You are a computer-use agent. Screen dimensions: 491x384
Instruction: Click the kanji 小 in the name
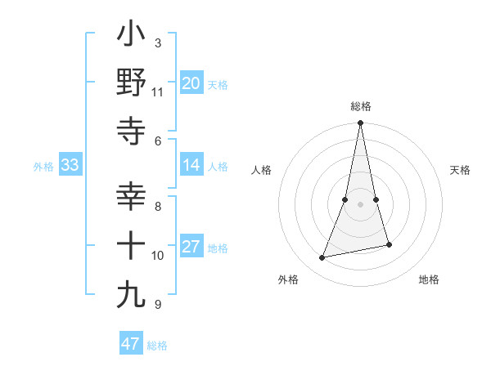click(x=132, y=35)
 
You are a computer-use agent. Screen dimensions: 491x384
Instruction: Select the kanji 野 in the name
click(x=132, y=83)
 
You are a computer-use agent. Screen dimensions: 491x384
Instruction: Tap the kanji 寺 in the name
click(x=132, y=131)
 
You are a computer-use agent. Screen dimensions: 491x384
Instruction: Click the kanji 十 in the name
click(x=132, y=246)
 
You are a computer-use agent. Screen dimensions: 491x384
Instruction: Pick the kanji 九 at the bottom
click(x=132, y=295)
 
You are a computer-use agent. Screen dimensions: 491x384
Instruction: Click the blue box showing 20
click(x=191, y=83)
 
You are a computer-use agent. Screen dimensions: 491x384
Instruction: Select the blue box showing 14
click(x=191, y=165)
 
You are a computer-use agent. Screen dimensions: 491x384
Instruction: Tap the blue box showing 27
click(x=191, y=247)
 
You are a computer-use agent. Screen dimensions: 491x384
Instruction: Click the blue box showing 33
click(x=70, y=165)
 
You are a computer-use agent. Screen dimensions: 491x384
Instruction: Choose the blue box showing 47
click(x=131, y=344)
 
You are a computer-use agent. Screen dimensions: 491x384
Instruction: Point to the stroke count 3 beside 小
click(x=157, y=43)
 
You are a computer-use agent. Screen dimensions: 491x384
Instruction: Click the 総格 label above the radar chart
click(x=360, y=106)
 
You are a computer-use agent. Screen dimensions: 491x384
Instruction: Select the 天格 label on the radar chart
click(x=461, y=170)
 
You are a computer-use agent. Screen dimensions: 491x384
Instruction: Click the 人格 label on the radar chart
click(x=262, y=170)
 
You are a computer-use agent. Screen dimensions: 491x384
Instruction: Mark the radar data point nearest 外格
click(x=322, y=258)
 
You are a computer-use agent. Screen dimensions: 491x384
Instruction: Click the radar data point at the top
click(x=360, y=123)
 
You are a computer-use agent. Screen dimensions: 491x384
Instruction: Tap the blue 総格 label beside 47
click(x=157, y=345)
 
